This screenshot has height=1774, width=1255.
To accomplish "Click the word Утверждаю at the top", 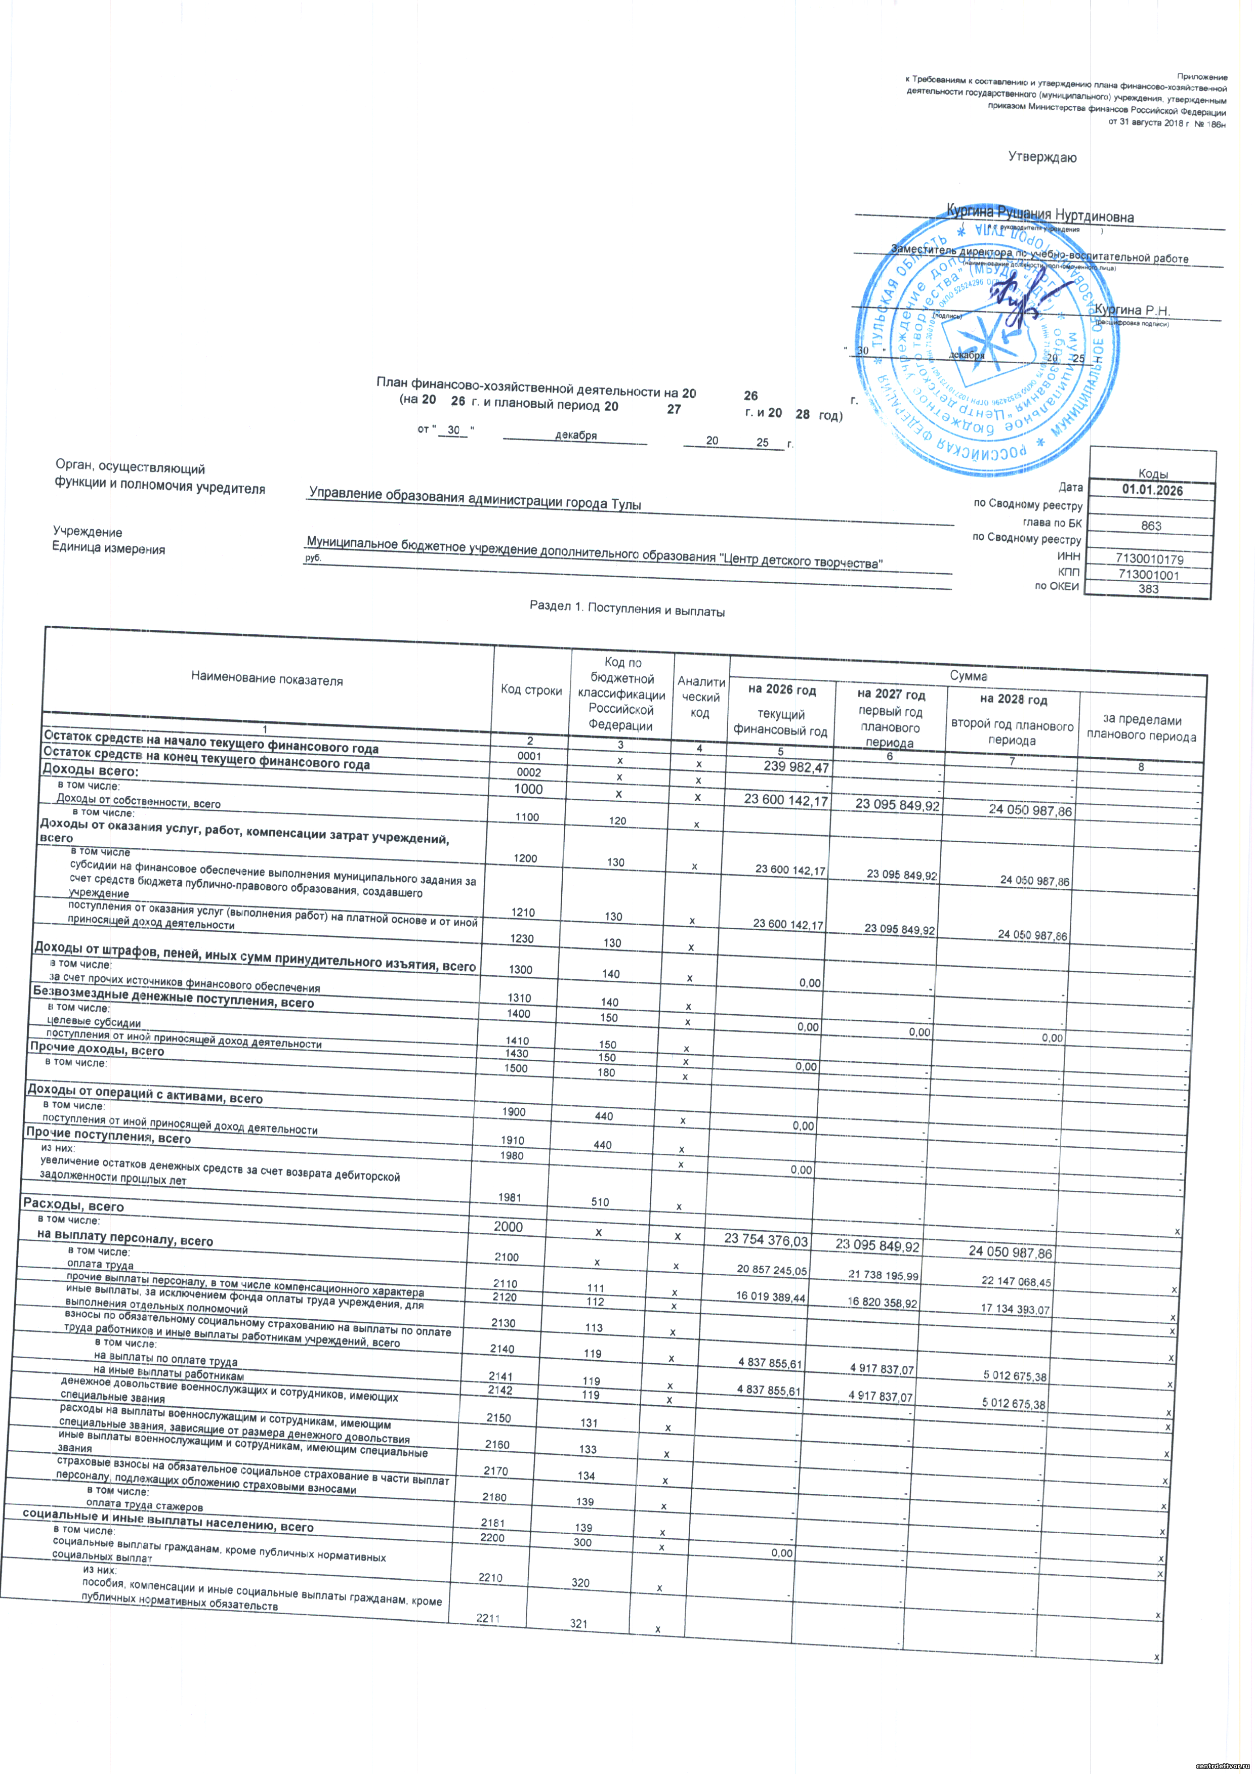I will pos(1042,158).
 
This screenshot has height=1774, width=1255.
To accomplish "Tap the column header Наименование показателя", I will pos(267,680).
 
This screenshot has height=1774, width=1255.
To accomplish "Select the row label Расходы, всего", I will pos(73,1206).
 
